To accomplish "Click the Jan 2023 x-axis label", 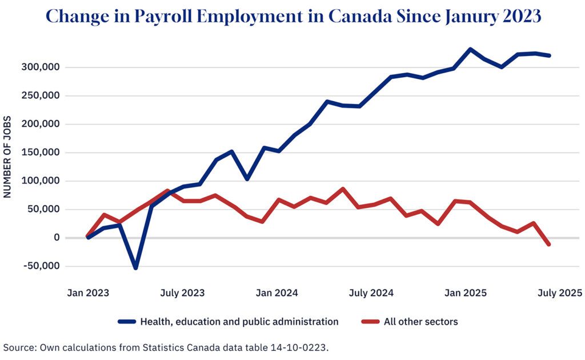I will pos(88,293).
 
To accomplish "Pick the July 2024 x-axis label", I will pos(371,293).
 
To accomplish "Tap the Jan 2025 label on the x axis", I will pos(466,293).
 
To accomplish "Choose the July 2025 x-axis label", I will pos(560,293).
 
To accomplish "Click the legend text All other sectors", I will pos(421,322).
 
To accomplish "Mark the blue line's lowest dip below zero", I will pos(135,268).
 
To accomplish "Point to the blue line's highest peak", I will pos(470,49).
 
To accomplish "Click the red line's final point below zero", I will pos(549,245).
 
